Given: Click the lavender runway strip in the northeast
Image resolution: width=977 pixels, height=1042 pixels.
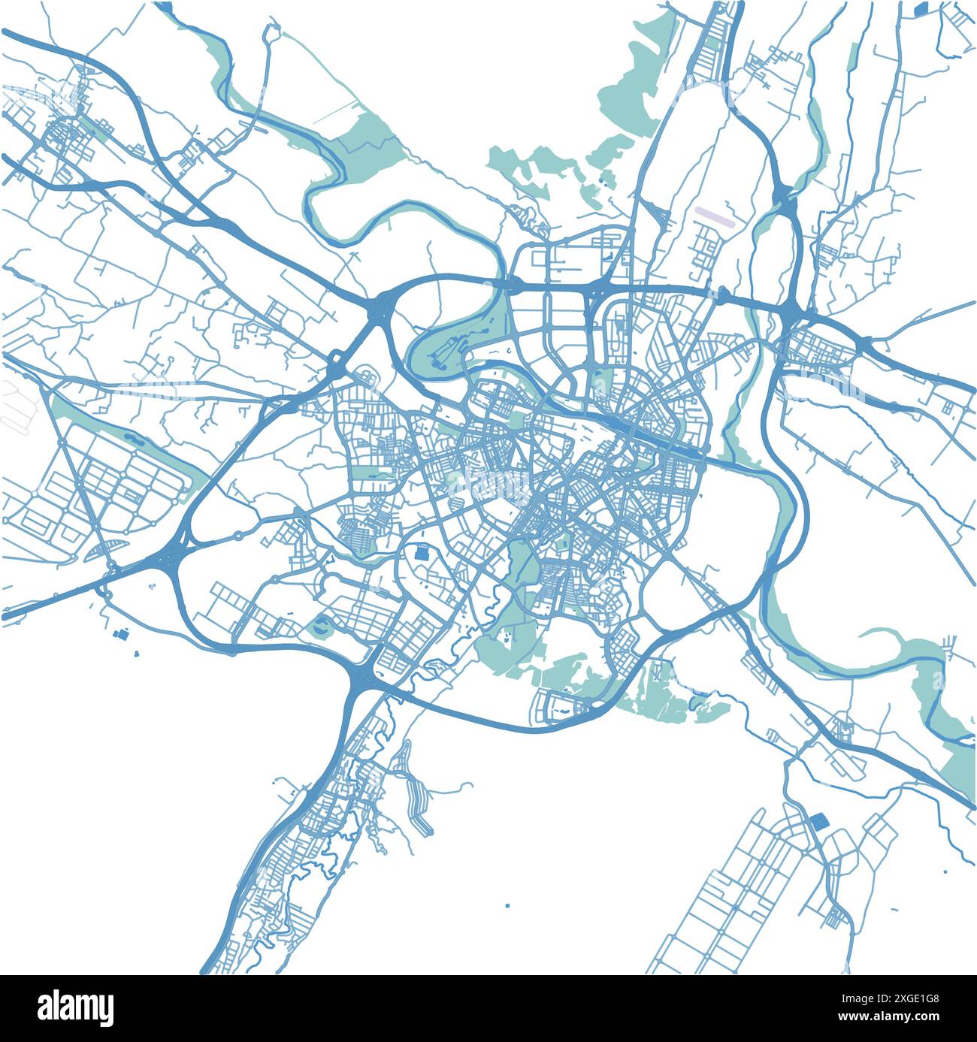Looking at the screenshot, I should point(713,216).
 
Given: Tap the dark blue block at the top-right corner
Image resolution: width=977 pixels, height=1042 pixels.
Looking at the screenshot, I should point(921,9).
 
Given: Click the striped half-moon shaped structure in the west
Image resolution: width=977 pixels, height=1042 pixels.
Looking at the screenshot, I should point(101,550).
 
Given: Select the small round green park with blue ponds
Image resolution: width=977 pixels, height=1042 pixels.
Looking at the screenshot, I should point(323,625).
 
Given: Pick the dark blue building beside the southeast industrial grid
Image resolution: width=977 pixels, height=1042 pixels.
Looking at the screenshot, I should point(817,821).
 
